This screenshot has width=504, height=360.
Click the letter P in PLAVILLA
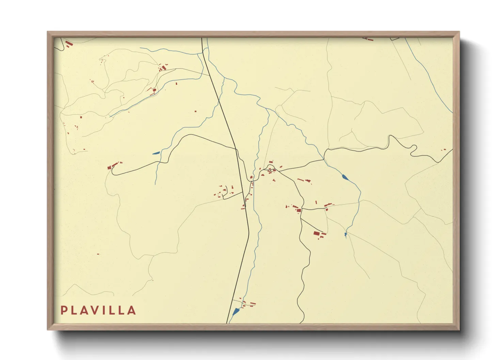pos(63,310)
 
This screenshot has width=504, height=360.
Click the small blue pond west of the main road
pos(156,153)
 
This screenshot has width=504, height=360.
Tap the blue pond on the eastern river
pos(345,177)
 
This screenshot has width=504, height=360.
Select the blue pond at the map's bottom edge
pos(236,311)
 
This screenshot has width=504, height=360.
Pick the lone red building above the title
pos(98,254)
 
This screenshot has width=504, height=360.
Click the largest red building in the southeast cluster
pos(316,233)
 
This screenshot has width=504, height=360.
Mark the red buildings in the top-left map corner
pos(68,44)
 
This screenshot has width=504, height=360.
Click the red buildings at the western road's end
pos(110,167)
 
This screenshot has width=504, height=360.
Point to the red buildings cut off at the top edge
pos(368,39)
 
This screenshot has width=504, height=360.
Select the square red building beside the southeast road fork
pos(299,210)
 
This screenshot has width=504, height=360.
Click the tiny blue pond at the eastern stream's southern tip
pos(346,234)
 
